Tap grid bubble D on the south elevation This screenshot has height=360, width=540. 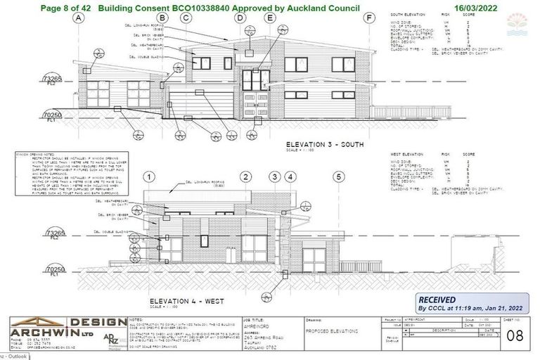[240, 19]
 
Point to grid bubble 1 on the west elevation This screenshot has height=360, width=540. [150, 176]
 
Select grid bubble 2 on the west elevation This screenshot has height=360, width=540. [246, 176]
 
